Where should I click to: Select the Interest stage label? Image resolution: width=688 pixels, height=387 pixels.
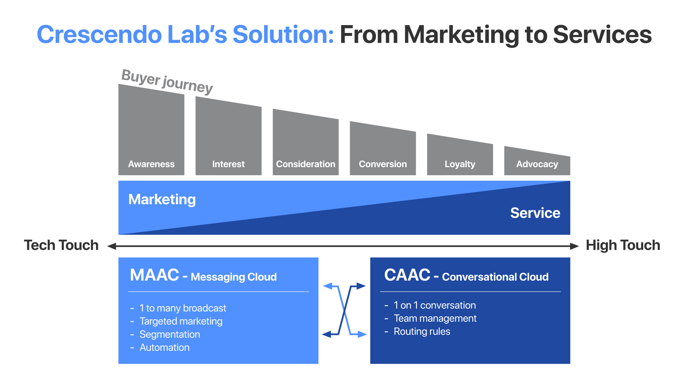coord(228,164)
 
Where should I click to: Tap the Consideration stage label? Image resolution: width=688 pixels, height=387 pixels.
coord(305,164)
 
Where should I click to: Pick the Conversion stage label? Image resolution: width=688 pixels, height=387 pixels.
coord(383,164)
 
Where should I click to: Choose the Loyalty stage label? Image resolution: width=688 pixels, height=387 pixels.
coord(460,164)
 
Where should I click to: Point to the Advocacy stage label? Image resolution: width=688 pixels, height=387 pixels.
coord(537,164)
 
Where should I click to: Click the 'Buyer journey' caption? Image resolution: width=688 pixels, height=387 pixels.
coord(167,81)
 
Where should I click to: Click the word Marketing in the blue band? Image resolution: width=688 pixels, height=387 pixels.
coord(162,199)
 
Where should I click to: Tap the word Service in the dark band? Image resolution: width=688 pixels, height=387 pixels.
coord(535,213)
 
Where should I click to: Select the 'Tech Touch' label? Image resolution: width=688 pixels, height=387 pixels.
coord(61,245)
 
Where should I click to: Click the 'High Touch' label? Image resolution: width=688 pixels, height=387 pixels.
coord(623,245)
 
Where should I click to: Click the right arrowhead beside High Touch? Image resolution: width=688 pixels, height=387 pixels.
coord(574,246)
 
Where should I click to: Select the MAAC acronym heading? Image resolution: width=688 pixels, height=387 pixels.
coord(154,275)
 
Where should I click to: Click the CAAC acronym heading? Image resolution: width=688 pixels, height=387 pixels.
coord(407,275)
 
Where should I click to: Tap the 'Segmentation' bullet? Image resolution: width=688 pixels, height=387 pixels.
coord(169,334)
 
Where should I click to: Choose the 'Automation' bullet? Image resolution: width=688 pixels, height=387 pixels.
coord(164,348)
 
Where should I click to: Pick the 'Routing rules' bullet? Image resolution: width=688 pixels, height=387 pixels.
coord(422,331)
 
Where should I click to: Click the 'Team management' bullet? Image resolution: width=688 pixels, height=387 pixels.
coord(435,318)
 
